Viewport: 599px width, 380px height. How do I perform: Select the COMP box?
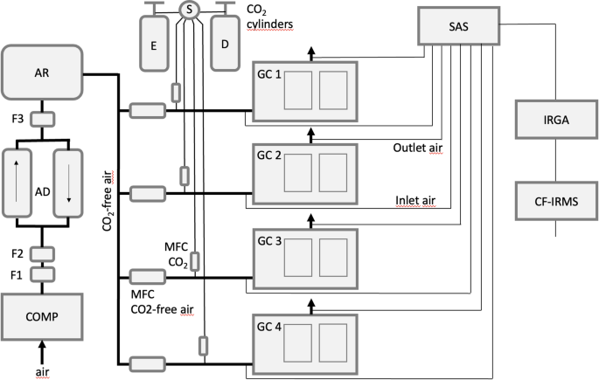[43, 315]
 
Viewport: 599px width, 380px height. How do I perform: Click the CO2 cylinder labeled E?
[153, 42]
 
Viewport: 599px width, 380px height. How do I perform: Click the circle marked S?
[189, 10]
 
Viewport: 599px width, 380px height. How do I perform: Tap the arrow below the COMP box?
[43, 354]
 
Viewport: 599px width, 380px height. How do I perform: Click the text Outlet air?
[417, 148]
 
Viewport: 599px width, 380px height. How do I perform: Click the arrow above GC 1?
[310, 52]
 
